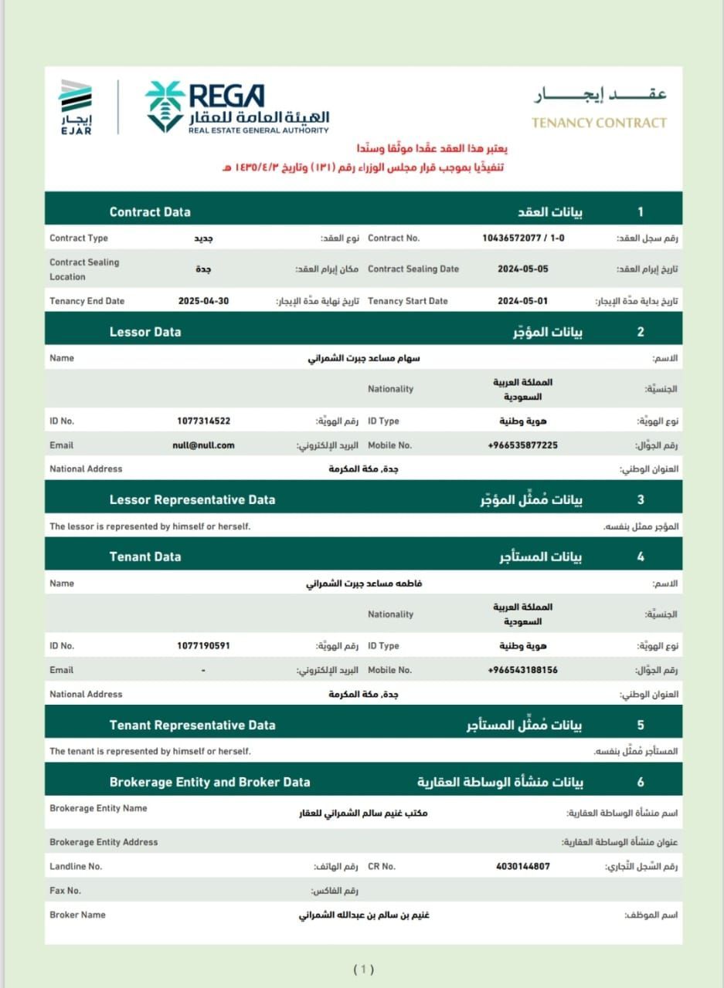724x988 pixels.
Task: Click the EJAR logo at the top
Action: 76,106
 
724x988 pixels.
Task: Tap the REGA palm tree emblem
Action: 165,106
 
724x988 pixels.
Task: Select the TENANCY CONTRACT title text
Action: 599,123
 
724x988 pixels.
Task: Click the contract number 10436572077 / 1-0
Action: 523,239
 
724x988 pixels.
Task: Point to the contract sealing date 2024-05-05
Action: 523,269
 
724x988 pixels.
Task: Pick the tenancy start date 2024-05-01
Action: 523,301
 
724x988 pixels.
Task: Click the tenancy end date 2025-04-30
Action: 203,301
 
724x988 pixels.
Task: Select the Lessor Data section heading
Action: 145,332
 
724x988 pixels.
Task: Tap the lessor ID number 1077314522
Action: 203,421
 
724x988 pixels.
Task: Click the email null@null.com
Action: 203,445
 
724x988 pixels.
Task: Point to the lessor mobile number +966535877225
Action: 522,445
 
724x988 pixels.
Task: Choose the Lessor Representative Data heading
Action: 192,499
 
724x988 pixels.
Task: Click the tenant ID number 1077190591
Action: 203,646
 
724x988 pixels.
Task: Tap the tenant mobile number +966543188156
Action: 522,670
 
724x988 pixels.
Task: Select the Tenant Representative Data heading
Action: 192,725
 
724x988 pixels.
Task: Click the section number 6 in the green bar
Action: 641,782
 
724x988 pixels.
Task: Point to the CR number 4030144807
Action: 523,867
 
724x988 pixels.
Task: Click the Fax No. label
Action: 65,891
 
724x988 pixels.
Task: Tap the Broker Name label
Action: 77,915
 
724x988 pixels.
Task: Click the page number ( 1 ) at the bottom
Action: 363,969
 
